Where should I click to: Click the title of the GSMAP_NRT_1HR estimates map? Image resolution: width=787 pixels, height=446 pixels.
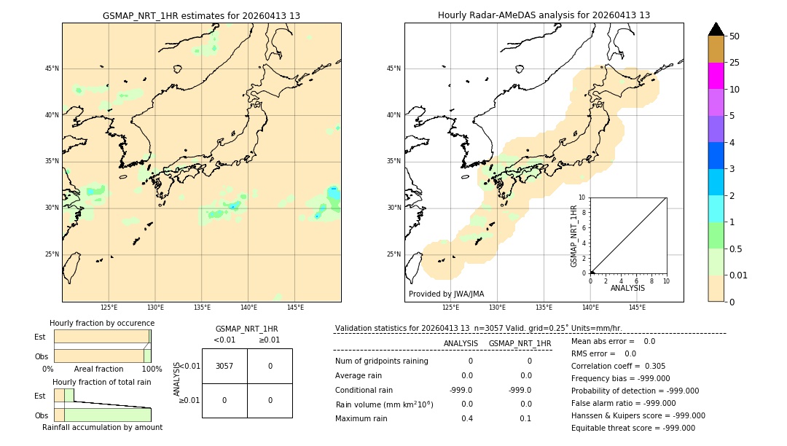pyautogui.click(x=201, y=15)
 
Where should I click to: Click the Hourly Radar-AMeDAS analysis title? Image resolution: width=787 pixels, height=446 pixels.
pyautogui.click(x=544, y=15)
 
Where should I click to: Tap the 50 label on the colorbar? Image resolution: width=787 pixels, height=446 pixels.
pyautogui.click(x=735, y=36)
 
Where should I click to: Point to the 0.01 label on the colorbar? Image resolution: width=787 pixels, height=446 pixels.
pyautogui.click(x=739, y=275)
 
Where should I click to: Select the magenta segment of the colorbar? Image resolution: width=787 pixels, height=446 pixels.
pyautogui.click(x=716, y=76)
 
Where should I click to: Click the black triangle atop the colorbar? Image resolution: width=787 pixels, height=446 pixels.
pyautogui.click(x=716, y=29)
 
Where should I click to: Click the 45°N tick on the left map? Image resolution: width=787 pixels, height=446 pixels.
pyautogui.click(x=52, y=69)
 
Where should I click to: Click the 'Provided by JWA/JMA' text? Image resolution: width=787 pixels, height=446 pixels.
pyautogui.click(x=446, y=294)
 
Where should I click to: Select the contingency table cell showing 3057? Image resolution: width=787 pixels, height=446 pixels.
pyautogui.click(x=224, y=366)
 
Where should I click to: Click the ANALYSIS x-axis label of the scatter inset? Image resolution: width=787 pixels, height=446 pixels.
pyautogui.click(x=627, y=289)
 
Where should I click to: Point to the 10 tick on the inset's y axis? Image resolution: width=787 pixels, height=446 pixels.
pyautogui.click(x=582, y=197)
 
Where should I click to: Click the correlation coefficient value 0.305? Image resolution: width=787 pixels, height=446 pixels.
pyautogui.click(x=655, y=367)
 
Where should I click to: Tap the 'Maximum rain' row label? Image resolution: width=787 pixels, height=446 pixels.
pyautogui.click(x=361, y=418)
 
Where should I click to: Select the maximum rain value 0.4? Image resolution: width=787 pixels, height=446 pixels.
pyautogui.click(x=467, y=418)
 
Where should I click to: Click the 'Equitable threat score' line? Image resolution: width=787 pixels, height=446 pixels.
pyautogui.click(x=633, y=428)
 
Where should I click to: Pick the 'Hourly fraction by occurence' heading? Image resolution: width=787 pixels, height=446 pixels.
pyautogui.click(x=102, y=323)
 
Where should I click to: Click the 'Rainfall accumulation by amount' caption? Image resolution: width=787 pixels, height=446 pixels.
pyautogui.click(x=102, y=428)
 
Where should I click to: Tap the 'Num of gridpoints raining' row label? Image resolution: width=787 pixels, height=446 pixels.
pyautogui.click(x=382, y=361)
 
